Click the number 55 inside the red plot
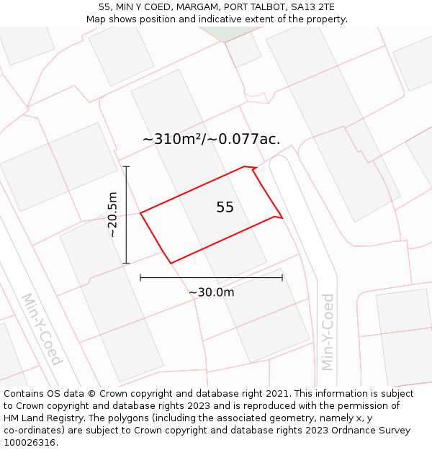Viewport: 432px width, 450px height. [x=225, y=207]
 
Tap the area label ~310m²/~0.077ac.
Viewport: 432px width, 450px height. [x=211, y=139]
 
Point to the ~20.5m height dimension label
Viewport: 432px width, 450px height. [x=112, y=215]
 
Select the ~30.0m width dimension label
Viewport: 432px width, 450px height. [x=211, y=292]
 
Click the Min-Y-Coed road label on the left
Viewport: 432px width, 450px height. [x=41, y=328]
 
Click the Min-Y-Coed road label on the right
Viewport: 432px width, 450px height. [x=328, y=331]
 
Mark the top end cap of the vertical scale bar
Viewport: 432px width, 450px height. [x=126, y=167]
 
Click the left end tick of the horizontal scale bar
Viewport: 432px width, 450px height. [x=140, y=277]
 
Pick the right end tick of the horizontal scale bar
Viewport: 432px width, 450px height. [x=282, y=277]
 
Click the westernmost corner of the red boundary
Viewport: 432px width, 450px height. [x=140, y=213]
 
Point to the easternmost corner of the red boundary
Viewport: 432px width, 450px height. [x=282, y=217]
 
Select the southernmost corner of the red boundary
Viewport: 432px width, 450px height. [x=171, y=264]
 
